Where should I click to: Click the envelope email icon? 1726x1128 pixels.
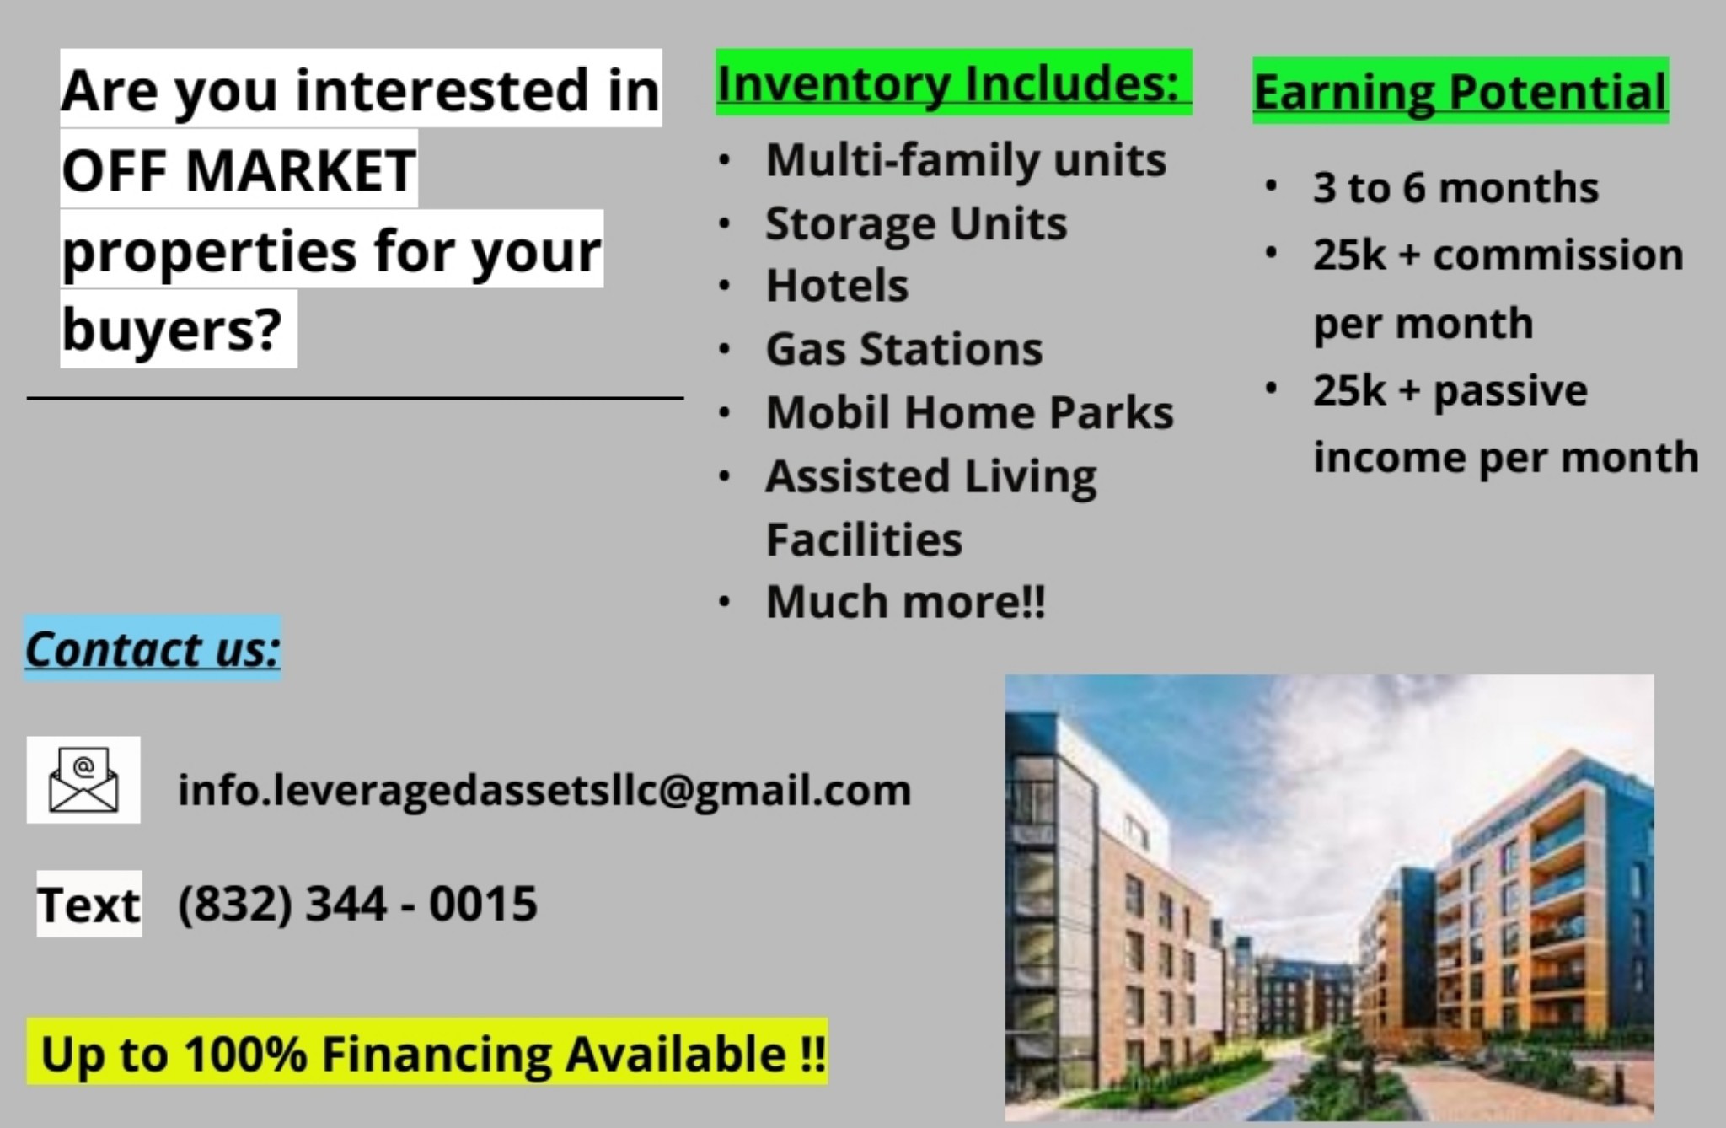click(83, 780)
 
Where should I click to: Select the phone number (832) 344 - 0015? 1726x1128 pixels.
click(357, 904)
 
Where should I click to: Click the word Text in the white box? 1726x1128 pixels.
click(88, 905)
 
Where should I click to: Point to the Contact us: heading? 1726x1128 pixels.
click(153, 648)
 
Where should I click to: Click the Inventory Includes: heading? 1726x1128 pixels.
click(948, 83)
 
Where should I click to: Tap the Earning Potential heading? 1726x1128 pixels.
click(1461, 91)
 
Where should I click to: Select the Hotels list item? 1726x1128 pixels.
click(837, 285)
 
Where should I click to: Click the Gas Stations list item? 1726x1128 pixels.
click(903, 348)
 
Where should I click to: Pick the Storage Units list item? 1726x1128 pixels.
click(916, 223)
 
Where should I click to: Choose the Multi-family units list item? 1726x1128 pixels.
click(966, 160)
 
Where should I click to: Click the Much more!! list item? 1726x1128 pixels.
click(905, 601)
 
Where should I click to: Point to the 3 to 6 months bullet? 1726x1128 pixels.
click(1455, 186)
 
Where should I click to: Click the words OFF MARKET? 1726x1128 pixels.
click(239, 169)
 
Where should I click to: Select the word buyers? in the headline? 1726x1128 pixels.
click(172, 330)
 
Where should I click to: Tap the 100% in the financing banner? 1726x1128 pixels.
click(245, 1054)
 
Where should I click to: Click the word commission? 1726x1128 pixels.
click(1558, 254)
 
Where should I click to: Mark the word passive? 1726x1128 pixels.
click(1510, 389)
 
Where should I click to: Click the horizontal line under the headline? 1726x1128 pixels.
click(355, 397)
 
